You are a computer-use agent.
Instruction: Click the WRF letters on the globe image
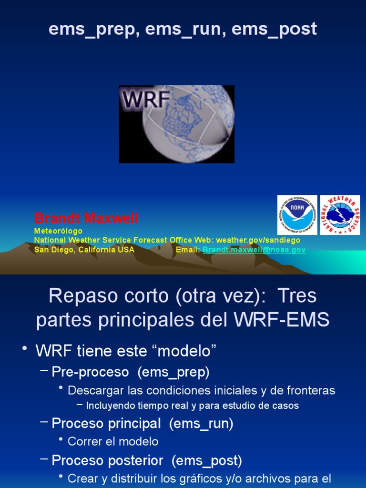pyautogui.click(x=146, y=100)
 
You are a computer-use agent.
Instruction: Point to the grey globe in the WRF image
pyautogui.click(x=191, y=126)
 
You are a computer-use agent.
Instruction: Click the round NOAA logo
pyautogui.click(x=297, y=215)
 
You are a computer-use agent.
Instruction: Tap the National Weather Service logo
pyautogui.click(x=340, y=215)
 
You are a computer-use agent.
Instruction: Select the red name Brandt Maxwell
pyautogui.click(x=86, y=219)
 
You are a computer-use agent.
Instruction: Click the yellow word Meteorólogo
pyautogui.click(x=58, y=231)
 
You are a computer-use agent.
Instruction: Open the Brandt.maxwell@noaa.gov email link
pyautogui.click(x=254, y=250)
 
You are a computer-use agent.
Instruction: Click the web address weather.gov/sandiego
pyautogui.click(x=265, y=240)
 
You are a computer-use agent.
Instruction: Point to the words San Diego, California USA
pyautogui.click(x=84, y=250)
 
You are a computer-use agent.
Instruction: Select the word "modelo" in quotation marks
pyautogui.click(x=184, y=351)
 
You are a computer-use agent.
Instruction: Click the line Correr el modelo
pyautogui.click(x=113, y=441)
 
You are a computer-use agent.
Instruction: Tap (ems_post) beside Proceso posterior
pyautogui.click(x=207, y=461)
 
